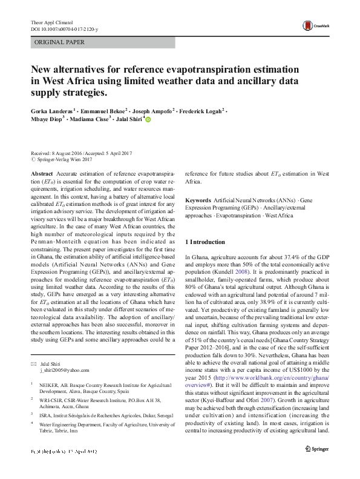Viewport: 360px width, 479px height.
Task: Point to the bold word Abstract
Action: point(41,173)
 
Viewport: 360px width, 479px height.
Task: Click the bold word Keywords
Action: point(198,200)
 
